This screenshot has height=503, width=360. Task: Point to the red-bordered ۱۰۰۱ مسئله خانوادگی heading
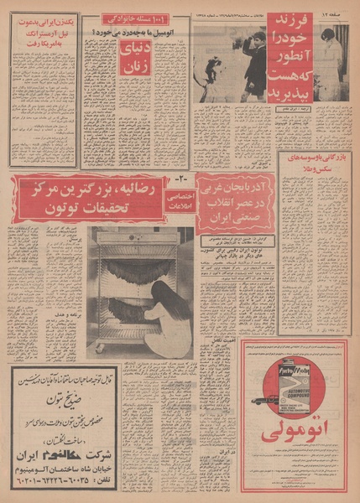click(134, 18)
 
